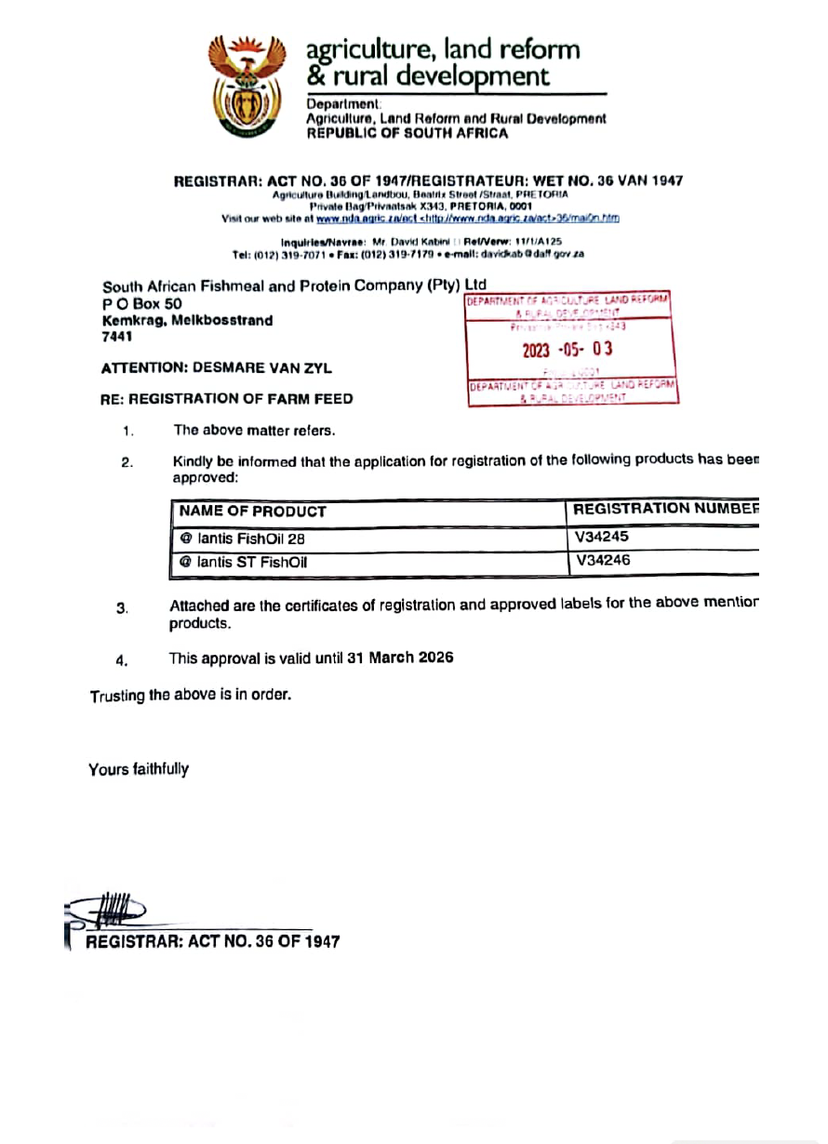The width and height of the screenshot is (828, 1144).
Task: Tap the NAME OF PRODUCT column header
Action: coord(252,512)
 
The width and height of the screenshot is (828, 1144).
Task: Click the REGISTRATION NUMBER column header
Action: coord(664,509)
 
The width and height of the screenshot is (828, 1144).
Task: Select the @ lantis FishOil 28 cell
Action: coord(243,538)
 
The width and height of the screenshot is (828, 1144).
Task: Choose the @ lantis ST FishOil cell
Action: coord(244,562)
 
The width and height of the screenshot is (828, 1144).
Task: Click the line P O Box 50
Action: coord(141,303)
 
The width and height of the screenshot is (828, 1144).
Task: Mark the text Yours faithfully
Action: coord(139,769)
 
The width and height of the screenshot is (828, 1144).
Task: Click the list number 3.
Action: coord(122,608)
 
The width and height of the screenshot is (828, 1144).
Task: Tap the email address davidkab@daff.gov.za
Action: coord(538,254)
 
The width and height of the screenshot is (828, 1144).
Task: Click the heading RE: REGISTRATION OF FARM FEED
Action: coord(226,399)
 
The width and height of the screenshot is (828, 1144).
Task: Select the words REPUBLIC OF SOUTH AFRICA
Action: coord(407,133)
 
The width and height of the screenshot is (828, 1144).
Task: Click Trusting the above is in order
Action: coord(190,695)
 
